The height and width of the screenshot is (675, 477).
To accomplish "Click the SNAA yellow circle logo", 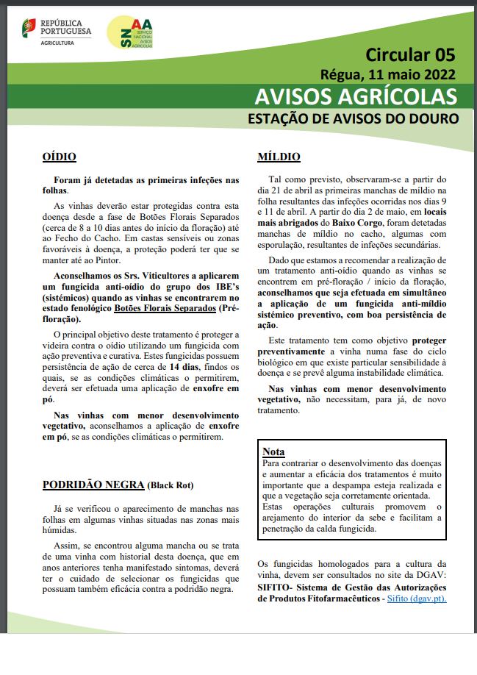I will click(x=130, y=35).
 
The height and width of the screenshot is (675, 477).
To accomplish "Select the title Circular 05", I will click(x=410, y=54).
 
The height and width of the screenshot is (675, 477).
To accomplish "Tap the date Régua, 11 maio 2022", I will click(x=388, y=74).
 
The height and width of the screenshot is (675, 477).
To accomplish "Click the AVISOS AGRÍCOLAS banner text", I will click(x=356, y=97).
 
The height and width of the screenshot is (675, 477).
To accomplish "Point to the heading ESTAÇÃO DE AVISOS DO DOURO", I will click(x=353, y=118).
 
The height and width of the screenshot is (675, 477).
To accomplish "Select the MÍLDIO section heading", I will click(x=279, y=157).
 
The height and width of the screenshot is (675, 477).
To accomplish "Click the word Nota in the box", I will click(x=273, y=451).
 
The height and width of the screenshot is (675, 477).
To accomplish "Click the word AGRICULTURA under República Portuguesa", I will click(x=62, y=43).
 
